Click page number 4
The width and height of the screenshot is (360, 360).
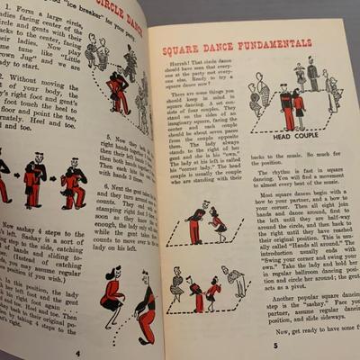[78, 353]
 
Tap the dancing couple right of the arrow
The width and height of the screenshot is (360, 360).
[73, 180]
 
